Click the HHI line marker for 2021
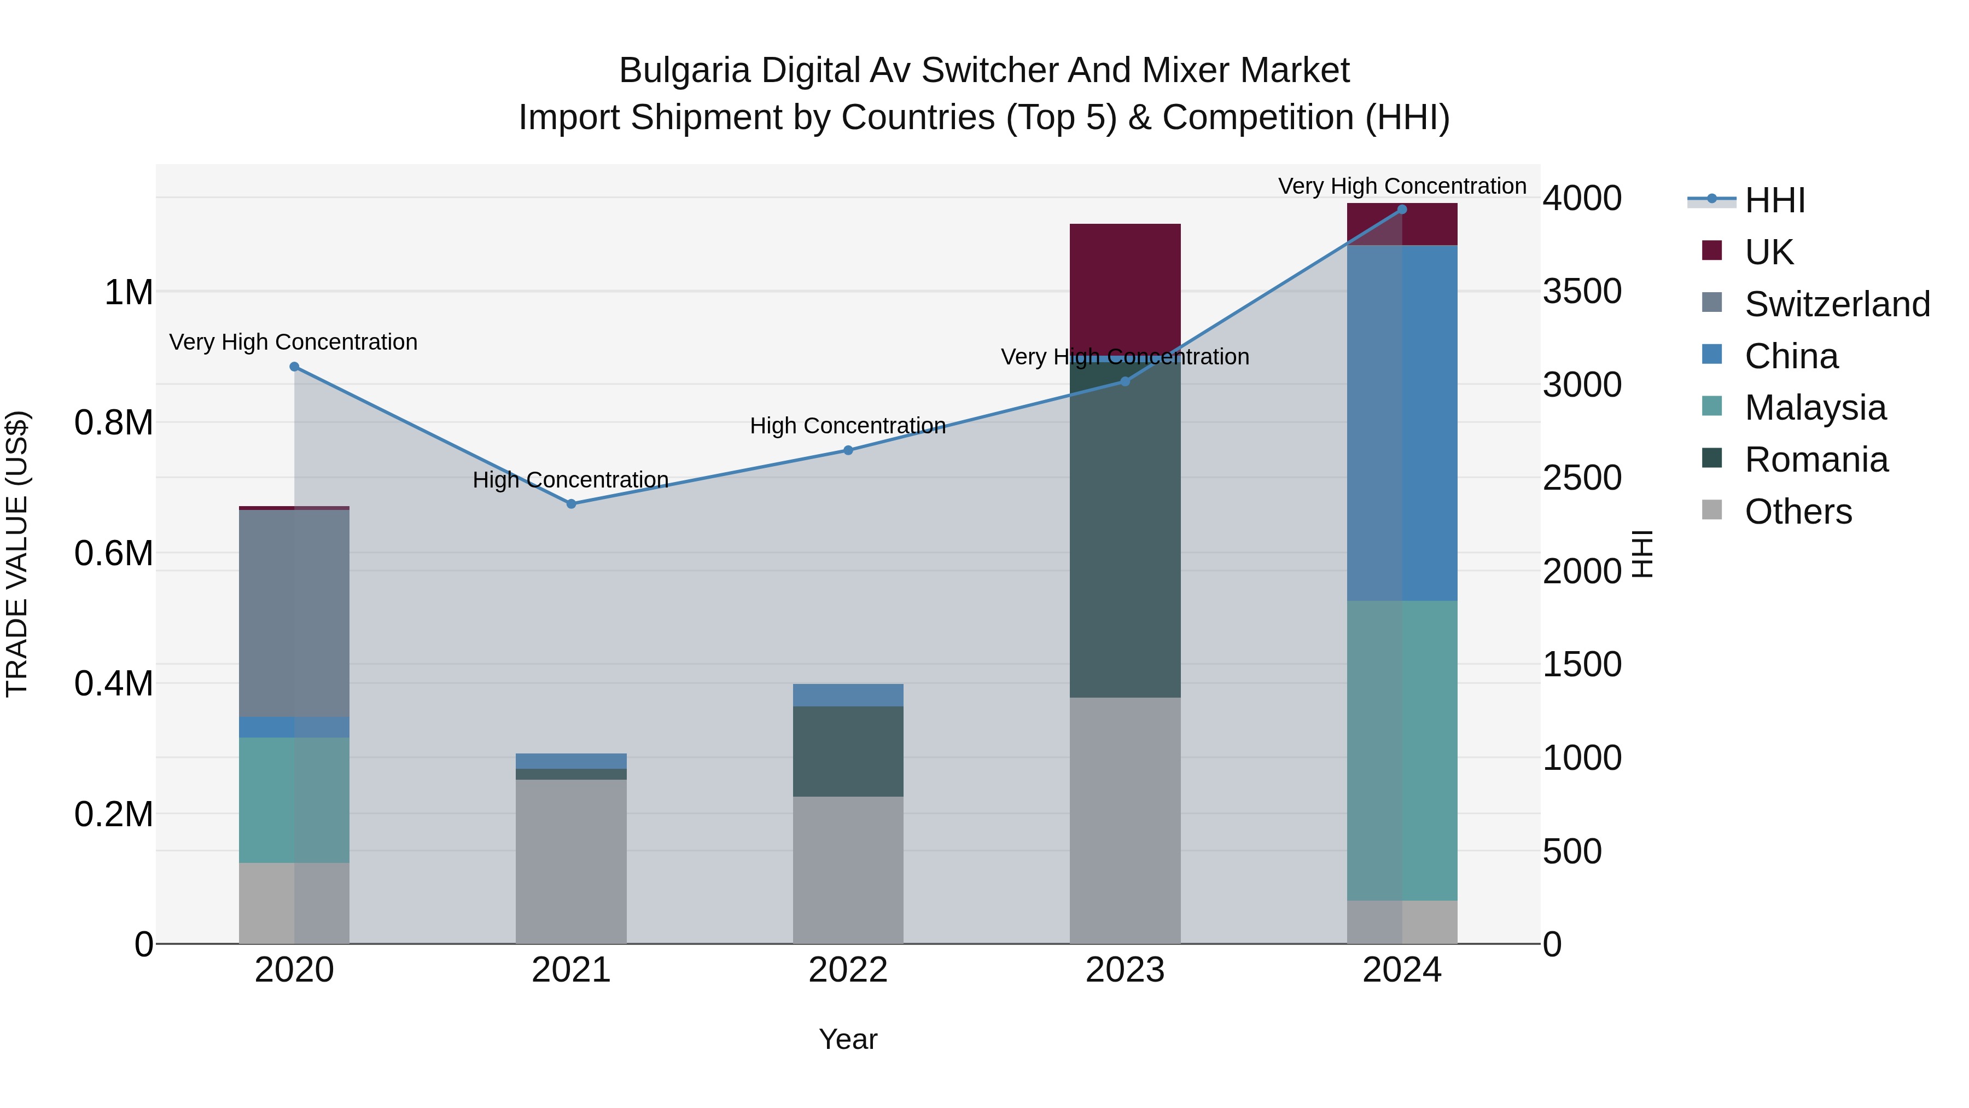click(x=571, y=504)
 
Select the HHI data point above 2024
click(x=1402, y=210)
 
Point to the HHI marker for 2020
click(x=294, y=367)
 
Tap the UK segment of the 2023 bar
click(x=1125, y=287)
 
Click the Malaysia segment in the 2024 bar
click(x=1402, y=750)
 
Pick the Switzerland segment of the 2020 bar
click(x=294, y=612)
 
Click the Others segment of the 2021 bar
click(x=571, y=860)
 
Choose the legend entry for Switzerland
click(x=1836, y=304)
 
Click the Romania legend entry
click(x=1815, y=460)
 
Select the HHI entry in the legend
click(x=1774, y=200)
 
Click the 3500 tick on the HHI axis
click(x=1581, y=291)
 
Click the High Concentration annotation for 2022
click(x=848, y=426)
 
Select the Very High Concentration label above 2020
click(x=294, y=342)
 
